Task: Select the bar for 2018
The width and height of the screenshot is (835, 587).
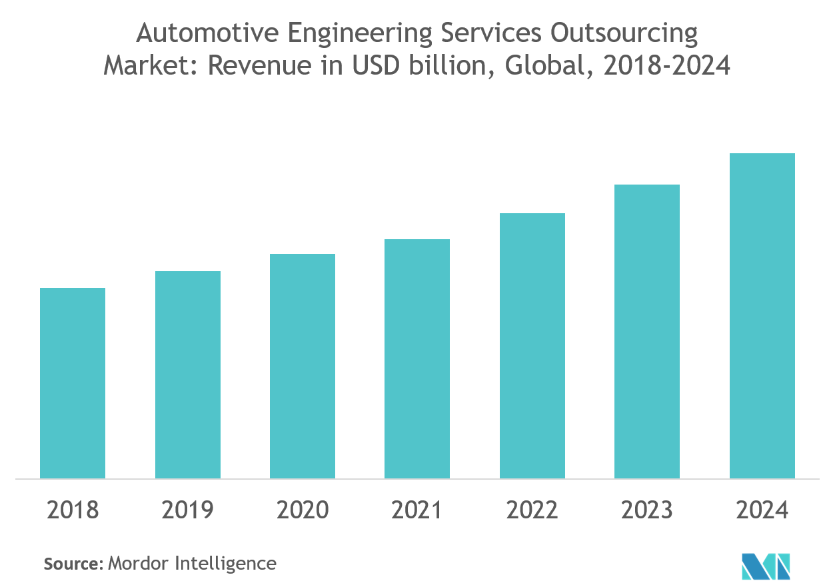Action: tap(73, 383)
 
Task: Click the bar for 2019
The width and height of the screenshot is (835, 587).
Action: tap(188, 374)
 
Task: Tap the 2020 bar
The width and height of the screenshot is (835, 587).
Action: tap(303, 366)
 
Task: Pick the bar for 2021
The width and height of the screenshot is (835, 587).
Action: tap(417, 358)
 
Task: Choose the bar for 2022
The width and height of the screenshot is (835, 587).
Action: tap(532, 346)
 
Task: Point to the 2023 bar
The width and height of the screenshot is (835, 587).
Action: tap(647, 331)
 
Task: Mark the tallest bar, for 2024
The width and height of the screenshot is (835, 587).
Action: tap(762, 316)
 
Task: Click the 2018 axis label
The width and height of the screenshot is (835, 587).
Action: tap(73, 510)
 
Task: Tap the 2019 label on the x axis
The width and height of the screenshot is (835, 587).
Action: tap(188, 510)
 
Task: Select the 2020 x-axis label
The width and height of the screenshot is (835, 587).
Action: tap(303, 510)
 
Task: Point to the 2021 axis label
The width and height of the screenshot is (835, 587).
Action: tap(417, 510)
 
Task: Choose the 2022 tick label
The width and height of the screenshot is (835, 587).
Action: tap(532, 510)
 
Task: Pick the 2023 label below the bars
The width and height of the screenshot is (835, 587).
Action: tap(647, 510)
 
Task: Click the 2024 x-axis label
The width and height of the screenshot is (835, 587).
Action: tap(762, 510)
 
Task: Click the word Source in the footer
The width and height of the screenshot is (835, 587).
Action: tap(71, 564)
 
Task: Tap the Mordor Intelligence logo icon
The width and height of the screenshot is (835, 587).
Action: tap(766, 565)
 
